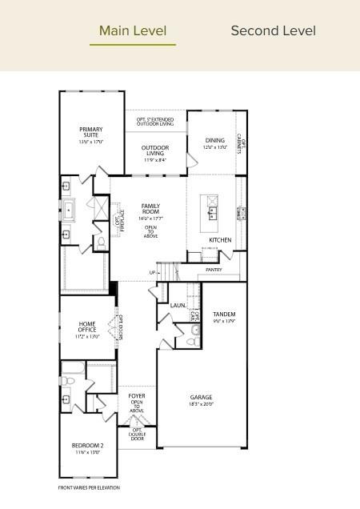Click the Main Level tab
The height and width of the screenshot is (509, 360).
[133, 31]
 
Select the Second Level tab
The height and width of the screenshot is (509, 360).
[273, 31]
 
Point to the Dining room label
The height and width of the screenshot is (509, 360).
[214, 141]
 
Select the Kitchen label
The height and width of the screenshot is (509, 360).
[220, 240]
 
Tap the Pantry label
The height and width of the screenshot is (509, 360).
[214, 270]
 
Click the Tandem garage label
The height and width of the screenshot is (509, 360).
[224, 315]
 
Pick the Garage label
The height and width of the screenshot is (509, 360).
[201, 397]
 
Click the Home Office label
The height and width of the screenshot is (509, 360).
[87, 327]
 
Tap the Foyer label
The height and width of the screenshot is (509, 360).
[137, 396]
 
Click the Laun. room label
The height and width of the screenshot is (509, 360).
[178, 306]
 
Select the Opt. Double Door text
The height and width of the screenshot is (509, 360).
[137, 434]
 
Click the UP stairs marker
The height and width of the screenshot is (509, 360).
[152, 273]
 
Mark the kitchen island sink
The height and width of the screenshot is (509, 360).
[214, 213]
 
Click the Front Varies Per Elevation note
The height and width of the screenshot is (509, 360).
[89, 487]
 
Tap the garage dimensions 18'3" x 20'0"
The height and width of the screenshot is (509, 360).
[201, 404]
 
